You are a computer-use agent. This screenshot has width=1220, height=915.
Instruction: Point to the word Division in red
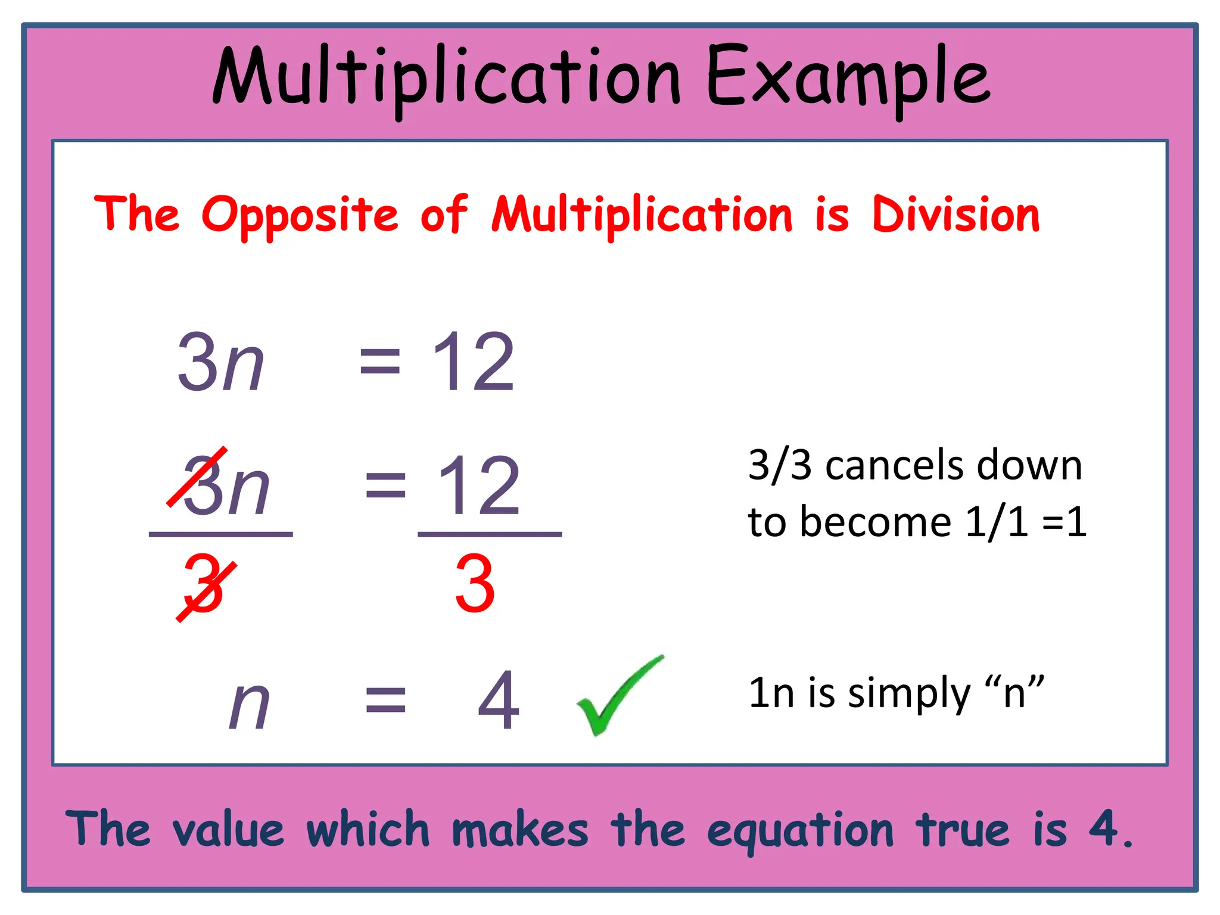tap(956, 214)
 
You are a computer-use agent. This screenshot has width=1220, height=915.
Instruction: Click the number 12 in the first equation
tap(473, 362)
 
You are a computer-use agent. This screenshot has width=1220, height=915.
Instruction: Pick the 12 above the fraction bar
tap(479, 485)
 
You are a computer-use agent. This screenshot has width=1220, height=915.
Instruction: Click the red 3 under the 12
tap(475, 584)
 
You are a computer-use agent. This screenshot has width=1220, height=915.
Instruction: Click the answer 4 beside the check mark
tap(499, 701)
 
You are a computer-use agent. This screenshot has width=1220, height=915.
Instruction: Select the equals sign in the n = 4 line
tap(385, 701)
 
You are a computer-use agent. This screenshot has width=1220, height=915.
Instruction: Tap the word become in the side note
tap(875, 522)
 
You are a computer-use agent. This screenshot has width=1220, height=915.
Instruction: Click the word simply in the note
tap(909, 695)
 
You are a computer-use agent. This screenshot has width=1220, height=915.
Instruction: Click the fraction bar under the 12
tap(490, 534)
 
